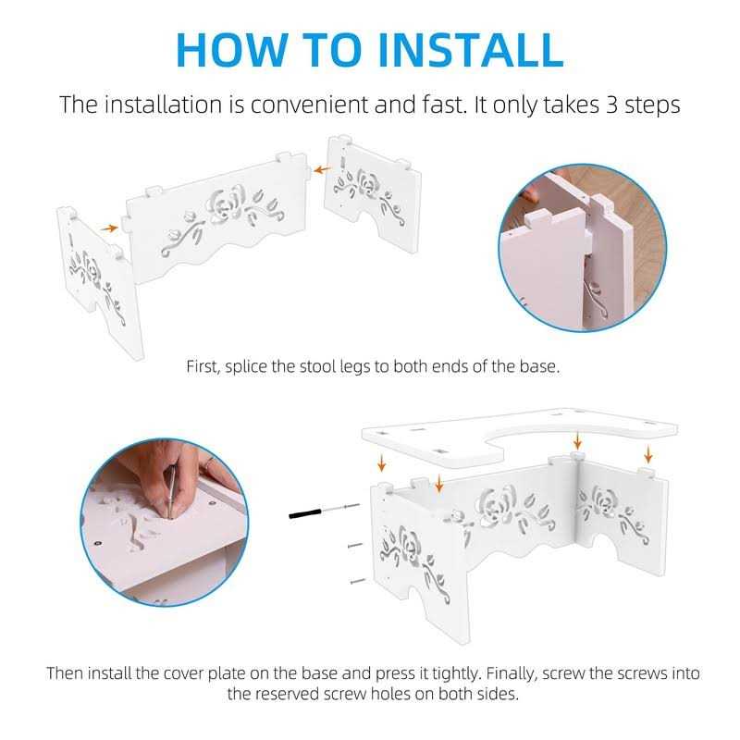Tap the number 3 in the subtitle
(611, 105)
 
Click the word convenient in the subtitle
(309, 105)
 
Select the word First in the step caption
(203, 366)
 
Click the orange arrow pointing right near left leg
(109, 228)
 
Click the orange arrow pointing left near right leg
(322, 169)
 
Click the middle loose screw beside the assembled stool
(355, 546)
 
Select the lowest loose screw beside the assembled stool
(358, 581)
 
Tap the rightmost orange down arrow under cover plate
(648, 455)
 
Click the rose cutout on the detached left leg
(91, 267)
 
